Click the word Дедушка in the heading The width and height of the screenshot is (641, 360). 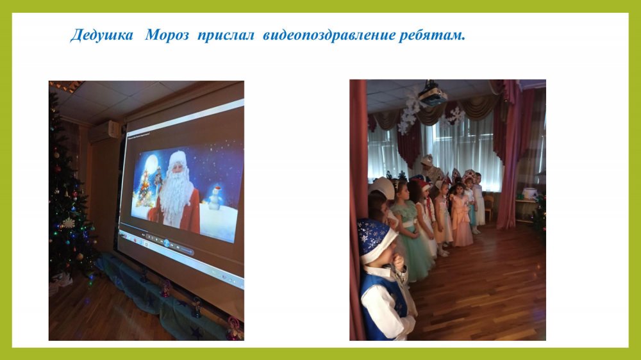point(102,35)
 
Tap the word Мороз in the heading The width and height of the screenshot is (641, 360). point(167,35)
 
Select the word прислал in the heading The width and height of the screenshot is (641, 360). point(226,36)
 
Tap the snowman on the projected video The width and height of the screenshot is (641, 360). point(215,197)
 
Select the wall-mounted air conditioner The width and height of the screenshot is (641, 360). point(104,131)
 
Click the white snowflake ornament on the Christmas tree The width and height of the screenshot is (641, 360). point(69,223)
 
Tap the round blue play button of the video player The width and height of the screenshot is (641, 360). point(167,243)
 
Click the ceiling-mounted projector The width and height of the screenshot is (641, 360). point(431,94)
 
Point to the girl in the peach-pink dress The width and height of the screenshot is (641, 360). point(461,214)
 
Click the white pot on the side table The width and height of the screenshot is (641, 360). point(530,193)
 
